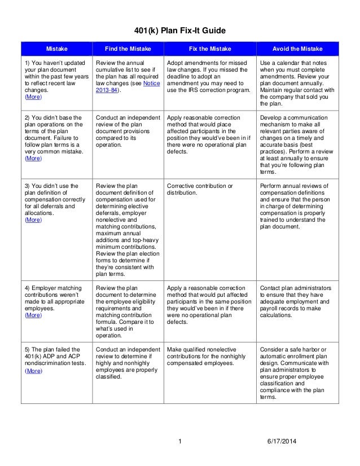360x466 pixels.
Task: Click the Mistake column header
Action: [56, 49]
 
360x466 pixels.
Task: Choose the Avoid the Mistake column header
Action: [296, 49]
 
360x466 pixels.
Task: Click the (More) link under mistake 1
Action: [33, 97]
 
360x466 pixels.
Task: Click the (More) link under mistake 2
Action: [33, 159]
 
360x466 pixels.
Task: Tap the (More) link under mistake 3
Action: [33, 220]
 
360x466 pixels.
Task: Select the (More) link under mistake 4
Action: [33, 316]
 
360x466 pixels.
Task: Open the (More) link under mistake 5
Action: [33, 371]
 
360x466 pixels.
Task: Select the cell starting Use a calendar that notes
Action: [296, 81]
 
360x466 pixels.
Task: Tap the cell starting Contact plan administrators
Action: [296, 301]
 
